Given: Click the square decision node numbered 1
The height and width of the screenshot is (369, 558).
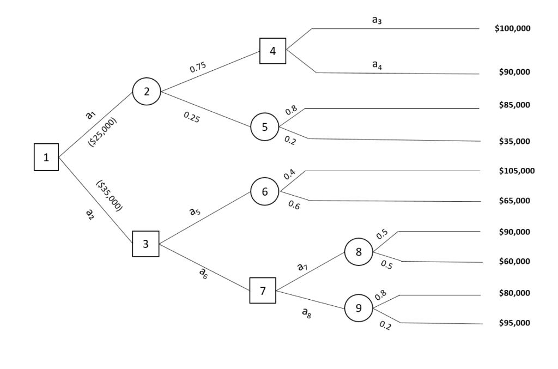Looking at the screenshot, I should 46,158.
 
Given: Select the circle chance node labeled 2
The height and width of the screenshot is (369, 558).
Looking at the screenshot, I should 147,91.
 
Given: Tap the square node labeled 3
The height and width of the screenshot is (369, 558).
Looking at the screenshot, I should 145,244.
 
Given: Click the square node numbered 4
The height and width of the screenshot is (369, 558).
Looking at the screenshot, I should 273,51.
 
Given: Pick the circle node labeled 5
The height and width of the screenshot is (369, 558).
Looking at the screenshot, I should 264,127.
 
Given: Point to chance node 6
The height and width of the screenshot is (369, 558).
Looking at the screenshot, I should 264,191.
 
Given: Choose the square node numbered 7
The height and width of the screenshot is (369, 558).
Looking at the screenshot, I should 263,291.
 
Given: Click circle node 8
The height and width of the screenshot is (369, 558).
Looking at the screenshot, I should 359,252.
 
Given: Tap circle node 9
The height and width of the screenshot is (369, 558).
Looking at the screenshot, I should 359,308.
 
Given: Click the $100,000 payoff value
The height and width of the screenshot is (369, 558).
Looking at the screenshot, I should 512,28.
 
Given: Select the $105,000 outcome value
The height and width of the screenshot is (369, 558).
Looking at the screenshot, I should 516,171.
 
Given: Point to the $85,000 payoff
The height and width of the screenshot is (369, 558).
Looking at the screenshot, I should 514,105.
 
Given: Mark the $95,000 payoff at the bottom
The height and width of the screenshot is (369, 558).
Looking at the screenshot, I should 514,323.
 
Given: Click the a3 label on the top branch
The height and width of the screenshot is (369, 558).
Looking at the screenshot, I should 377,20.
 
